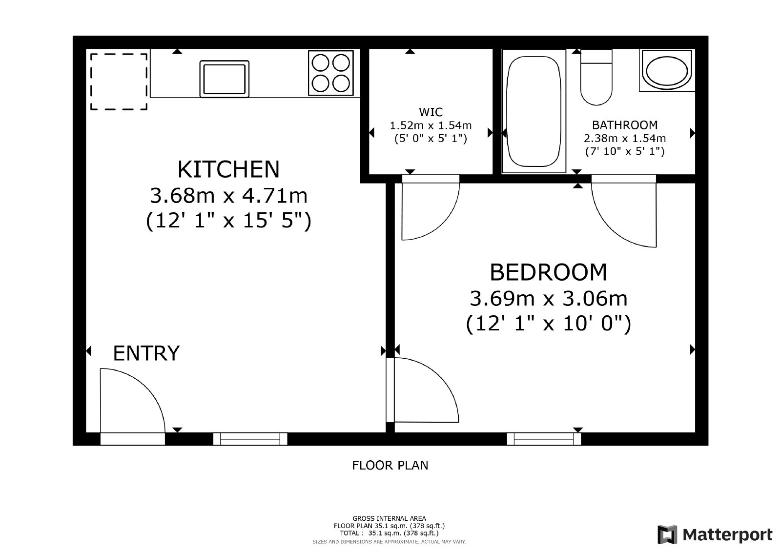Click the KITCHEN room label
tap(228, 169)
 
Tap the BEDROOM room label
tap(549, 272)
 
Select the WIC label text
tap(431, 112)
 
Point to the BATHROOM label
tap(625, 125)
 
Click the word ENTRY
tap(146, 353)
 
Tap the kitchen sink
tap(224, 79)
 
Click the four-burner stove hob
tap(331, 73)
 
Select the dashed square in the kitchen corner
tap(119, 82)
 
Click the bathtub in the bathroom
tap(534, 111)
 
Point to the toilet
tap(596, 77)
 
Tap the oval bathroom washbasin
tap(667, 70)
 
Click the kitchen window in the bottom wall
tap(250, 439)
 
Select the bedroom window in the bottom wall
tap(544, 439)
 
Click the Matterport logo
tap(715, 534)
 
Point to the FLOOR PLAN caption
tap(390, 465)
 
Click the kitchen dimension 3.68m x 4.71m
tap(229, 196)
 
